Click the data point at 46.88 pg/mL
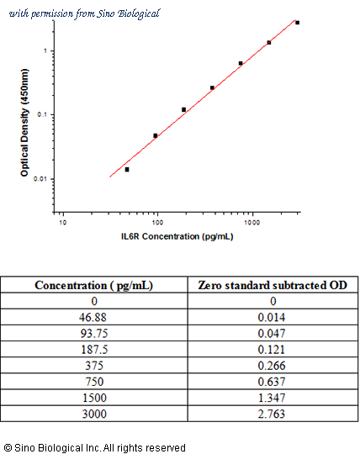(127, 169)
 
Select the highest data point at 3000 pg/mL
(297, 23)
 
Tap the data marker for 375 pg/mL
(212, 87)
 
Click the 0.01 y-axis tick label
(40, 178)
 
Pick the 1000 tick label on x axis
(252, 222)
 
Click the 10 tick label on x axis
(62, 222)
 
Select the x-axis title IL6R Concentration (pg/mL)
(177, 236)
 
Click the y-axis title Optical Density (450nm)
(25, 123)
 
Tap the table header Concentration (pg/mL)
(94, 285)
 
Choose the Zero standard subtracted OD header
(273, 285)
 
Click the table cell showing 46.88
(93, 317)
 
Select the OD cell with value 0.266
(272, 366)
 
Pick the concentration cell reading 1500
(94, 398)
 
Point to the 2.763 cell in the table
(272, 414)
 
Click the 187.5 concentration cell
(94, 350)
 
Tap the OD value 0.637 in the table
(272, 382)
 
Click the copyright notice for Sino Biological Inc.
(95, 447)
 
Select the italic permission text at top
(85, 13)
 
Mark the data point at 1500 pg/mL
(269, 43)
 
